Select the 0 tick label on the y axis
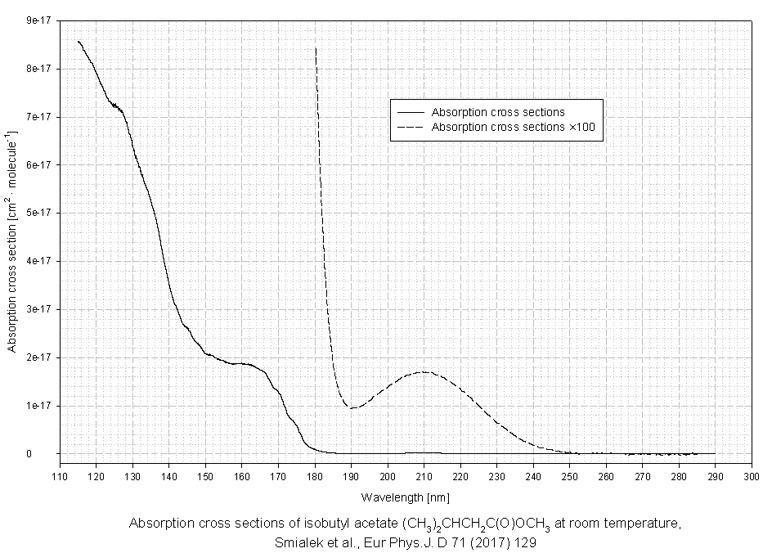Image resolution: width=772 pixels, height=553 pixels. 49,453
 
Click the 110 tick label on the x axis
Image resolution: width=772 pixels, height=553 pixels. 60,476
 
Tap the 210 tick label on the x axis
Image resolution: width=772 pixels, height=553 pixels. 424,476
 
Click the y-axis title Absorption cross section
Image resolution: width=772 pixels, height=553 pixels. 13,237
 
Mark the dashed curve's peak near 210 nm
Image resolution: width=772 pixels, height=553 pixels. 424,372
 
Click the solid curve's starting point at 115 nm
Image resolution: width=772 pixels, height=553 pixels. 78,41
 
